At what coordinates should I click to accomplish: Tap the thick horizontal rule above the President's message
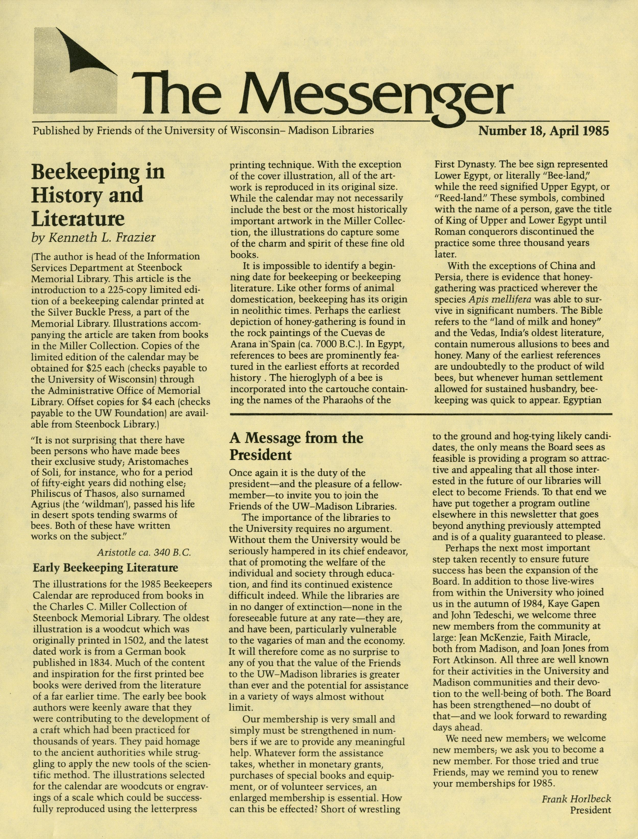421,414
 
